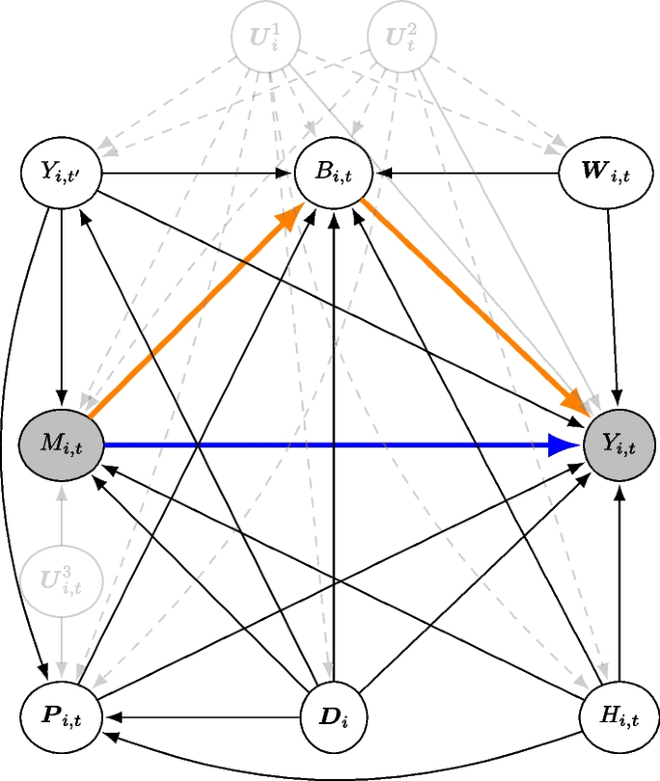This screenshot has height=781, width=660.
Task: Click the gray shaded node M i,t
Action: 61,444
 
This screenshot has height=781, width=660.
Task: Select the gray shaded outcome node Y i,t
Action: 620,444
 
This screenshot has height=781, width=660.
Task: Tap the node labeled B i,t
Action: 333,175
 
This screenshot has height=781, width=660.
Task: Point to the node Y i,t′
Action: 61,175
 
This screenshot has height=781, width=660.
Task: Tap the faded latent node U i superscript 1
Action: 265,40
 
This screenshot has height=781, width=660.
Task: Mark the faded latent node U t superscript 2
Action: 402,40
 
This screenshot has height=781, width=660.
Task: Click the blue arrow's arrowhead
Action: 565,444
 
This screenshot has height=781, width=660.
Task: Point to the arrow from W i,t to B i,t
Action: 472,175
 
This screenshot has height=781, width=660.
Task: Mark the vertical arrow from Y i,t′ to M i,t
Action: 61,304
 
